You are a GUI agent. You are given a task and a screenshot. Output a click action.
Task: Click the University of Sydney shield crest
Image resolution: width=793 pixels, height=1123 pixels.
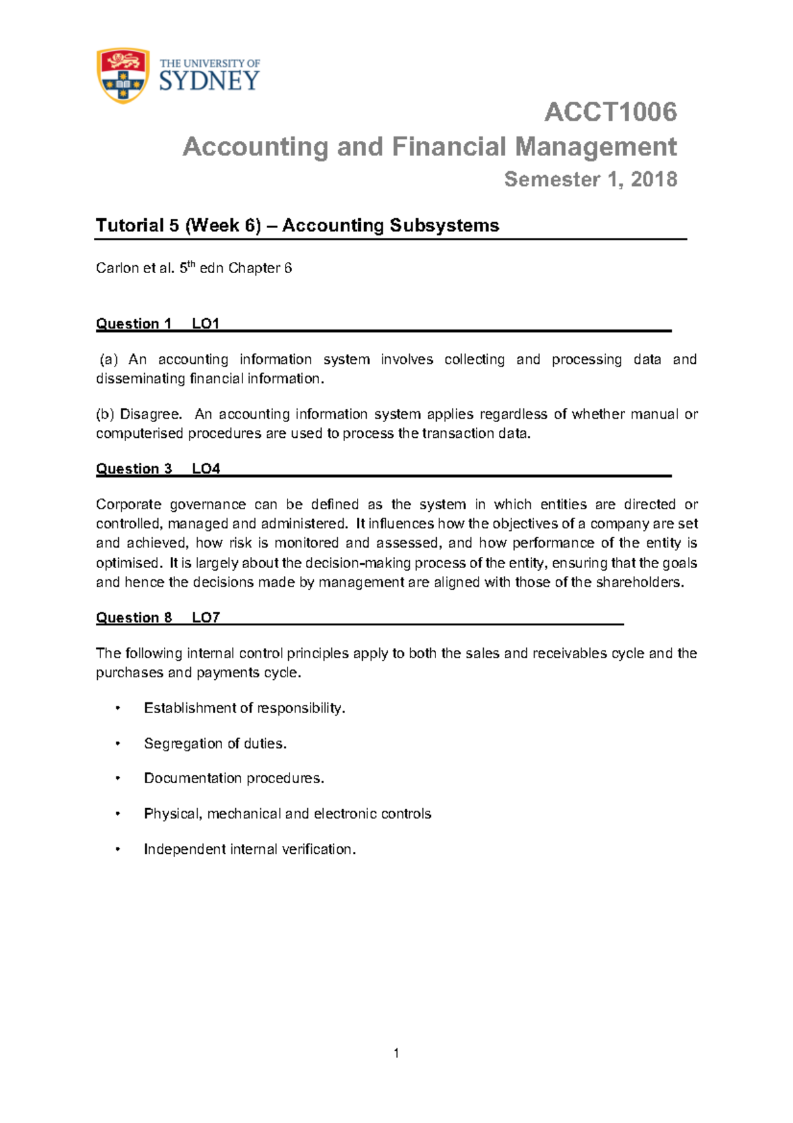click(x=123, y=75)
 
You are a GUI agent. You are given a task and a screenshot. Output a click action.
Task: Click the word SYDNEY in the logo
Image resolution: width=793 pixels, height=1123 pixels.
click(x=209, y=81)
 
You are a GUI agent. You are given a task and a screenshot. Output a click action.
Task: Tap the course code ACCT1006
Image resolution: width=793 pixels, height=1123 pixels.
click(x=610, y=112)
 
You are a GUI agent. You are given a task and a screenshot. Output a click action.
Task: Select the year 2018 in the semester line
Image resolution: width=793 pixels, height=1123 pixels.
click(x=654, y=179)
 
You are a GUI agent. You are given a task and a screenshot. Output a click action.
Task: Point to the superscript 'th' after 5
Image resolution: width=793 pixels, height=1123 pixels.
click(x=192, y=263)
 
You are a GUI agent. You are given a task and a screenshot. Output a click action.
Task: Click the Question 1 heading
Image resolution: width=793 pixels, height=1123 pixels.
click(x=133, y=323)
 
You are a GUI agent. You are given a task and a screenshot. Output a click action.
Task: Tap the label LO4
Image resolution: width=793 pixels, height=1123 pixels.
click(x=206, y=468)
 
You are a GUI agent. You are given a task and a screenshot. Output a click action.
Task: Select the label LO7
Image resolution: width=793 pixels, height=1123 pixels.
click(x=206, y=617)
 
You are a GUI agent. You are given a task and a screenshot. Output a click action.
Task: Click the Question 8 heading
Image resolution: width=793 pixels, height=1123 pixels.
click(x=133, y=617)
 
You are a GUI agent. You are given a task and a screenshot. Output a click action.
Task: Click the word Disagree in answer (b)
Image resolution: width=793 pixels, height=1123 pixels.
click(x=150, y=414)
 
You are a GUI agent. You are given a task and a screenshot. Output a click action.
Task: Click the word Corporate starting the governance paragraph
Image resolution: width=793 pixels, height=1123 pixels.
click(x=128, y=504)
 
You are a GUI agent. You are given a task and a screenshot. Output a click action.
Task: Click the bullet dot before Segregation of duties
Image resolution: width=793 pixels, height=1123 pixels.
click(x=118, y=743)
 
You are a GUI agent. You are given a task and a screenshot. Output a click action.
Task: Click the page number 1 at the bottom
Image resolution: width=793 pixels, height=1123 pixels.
click(x=396, y=1053)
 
